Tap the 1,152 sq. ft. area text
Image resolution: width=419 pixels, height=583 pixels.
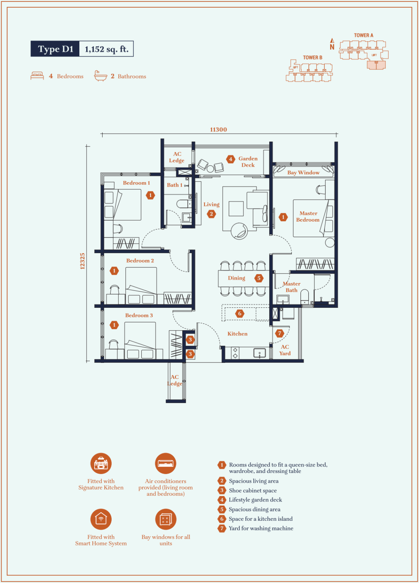click(x=106, y=49)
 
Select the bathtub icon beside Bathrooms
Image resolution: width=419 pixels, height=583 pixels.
click(x=101, y=76)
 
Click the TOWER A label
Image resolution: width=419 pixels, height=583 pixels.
click(x=363, y=35)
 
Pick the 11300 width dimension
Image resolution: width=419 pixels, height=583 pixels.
click(x=218, y=129)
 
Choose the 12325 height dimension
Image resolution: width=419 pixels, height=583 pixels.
click(x=82, y=261)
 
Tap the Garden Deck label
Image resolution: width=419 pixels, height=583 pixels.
click(x=248, y=162)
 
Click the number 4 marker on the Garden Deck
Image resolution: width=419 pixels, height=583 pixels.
click(x=231, y=159)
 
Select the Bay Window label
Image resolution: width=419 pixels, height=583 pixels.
click(x=304, y=173)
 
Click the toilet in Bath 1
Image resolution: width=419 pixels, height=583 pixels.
click(x=184, y=203)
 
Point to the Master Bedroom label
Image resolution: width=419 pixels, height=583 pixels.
click(x=308, y=217)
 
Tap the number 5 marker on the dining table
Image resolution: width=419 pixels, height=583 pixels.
click(x=259, y=278)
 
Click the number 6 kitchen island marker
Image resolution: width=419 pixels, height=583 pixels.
click(x=240, y=314)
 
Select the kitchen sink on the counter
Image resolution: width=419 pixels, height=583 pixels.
click(x=259, y=353)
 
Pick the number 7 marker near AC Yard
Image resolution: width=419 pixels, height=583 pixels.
click(x=280, y=333)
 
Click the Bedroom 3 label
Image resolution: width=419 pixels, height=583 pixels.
click(x=139, y=315)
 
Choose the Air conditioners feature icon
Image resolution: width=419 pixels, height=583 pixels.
click(x=166, y=463)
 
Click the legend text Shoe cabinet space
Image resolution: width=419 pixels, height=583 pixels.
click(x=253, y=491)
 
